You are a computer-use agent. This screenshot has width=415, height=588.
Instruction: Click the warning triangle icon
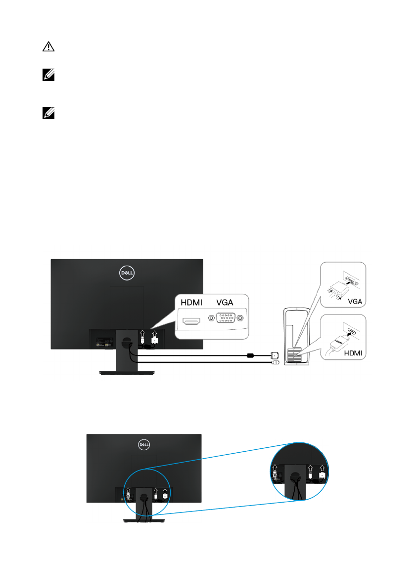pyautogui.click(x=47, y=47)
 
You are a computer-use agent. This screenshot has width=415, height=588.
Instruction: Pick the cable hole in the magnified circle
pyautogui.click(x=295, y=479)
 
